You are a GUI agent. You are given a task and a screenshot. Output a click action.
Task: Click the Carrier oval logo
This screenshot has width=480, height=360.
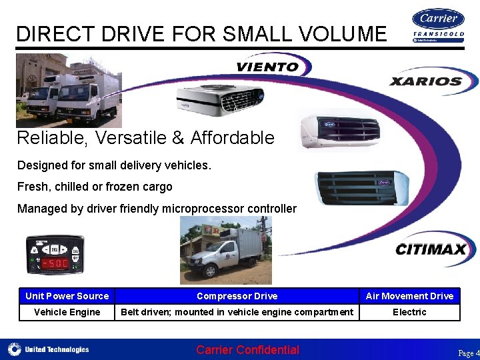(438, 18)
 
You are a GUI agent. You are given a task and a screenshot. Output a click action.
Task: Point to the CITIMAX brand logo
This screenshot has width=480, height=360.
(432, 250)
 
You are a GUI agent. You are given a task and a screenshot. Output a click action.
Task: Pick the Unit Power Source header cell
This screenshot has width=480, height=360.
(67, 296)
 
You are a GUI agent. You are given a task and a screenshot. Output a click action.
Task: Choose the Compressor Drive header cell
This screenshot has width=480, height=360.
(237, 296)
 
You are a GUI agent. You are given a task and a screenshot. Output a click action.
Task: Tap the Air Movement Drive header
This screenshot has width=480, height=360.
(409, 296)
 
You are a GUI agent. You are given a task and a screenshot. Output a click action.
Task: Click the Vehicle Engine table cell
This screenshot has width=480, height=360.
(67, 312)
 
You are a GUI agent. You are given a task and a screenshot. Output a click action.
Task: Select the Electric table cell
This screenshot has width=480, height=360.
(409, 312)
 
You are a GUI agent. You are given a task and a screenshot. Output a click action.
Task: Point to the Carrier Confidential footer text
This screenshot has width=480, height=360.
(247, 350)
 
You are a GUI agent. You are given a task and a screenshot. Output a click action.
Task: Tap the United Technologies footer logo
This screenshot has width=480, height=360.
(49, 349)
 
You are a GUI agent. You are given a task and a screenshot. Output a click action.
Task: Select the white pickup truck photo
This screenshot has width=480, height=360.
(225, 251)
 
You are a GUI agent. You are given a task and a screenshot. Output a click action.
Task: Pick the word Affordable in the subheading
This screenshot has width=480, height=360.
(232, 138)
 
